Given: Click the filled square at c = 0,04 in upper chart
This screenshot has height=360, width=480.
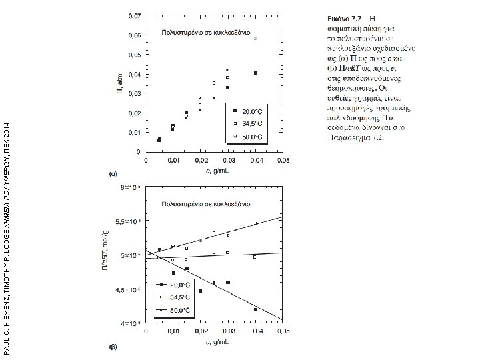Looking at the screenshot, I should [255, 73].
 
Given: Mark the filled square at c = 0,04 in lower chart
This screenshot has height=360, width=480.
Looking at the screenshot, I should [255, 309].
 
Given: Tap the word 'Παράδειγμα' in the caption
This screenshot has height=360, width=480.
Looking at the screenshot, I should [340, 139].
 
